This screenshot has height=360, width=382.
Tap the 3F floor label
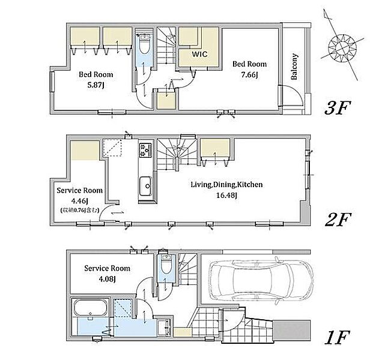[x=338, y=108]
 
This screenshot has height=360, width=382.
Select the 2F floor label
[x=338, y=220]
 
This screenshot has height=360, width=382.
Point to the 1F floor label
[x=338, y=337]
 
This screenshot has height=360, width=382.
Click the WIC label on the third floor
[x=199, y=54]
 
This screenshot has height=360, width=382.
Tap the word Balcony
[x=294, y=67]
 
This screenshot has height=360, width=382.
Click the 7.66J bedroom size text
[x=249, y=75]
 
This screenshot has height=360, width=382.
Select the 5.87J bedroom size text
[x=95, y=85]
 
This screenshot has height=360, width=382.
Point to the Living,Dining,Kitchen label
[x=226, y=185]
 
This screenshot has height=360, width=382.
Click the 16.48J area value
[x=226, y=196]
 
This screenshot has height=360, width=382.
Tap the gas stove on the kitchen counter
[x=145, y=150]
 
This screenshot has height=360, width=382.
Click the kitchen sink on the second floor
[x=145, y=186]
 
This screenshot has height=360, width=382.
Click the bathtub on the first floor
[x=91, y=308]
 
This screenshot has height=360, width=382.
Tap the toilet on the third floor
[x=145, y=44]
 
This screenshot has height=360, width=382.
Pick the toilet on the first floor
[x=167, y=265]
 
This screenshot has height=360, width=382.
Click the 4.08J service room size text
[x=107, y=279]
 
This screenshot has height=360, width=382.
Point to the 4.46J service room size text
[x=80, y=201]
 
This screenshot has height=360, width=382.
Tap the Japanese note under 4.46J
[x=80, y=210]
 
